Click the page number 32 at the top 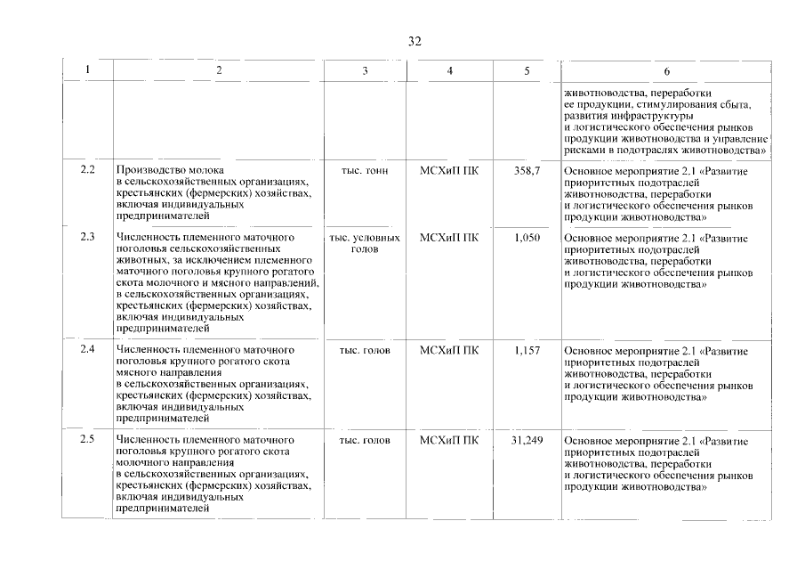(415, 42)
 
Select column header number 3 (365, 70)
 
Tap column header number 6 (667, 71)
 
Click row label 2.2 (87, 169)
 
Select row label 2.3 (87, 237)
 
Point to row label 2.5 (87, 440)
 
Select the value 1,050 (527, 238)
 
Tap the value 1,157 (527, 350)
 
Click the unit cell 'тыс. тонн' (365, 169)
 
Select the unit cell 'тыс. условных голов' (365, 243)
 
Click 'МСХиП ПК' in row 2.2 (448, 169)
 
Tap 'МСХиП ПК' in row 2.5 (448, 441)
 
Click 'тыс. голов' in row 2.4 (365, 350)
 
